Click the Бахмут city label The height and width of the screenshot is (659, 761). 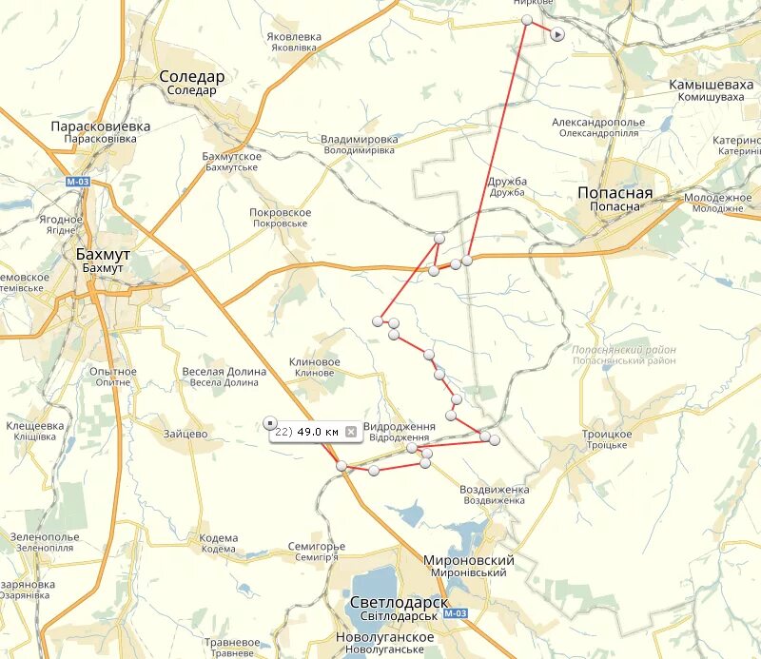click(x=103, y=255)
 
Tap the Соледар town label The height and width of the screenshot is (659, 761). click(x=191, y=77)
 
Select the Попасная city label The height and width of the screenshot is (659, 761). click(x=615, y=193)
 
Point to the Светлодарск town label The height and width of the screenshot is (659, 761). click(x=399, y=602)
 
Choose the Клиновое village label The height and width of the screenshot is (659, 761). click(x=314, y=362)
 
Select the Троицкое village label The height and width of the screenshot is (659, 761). click(x=607, y=434)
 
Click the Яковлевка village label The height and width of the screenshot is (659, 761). click(x=294, y=37)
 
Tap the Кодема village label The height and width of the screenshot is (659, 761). click(x=218, y=538)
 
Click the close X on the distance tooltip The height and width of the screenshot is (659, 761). click(x=351, y=432)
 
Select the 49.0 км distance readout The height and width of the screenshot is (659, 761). click(x=319, y=432)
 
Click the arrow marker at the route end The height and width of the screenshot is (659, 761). click(x=557, y=34)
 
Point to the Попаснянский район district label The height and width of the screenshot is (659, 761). click(x=624, y=350)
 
